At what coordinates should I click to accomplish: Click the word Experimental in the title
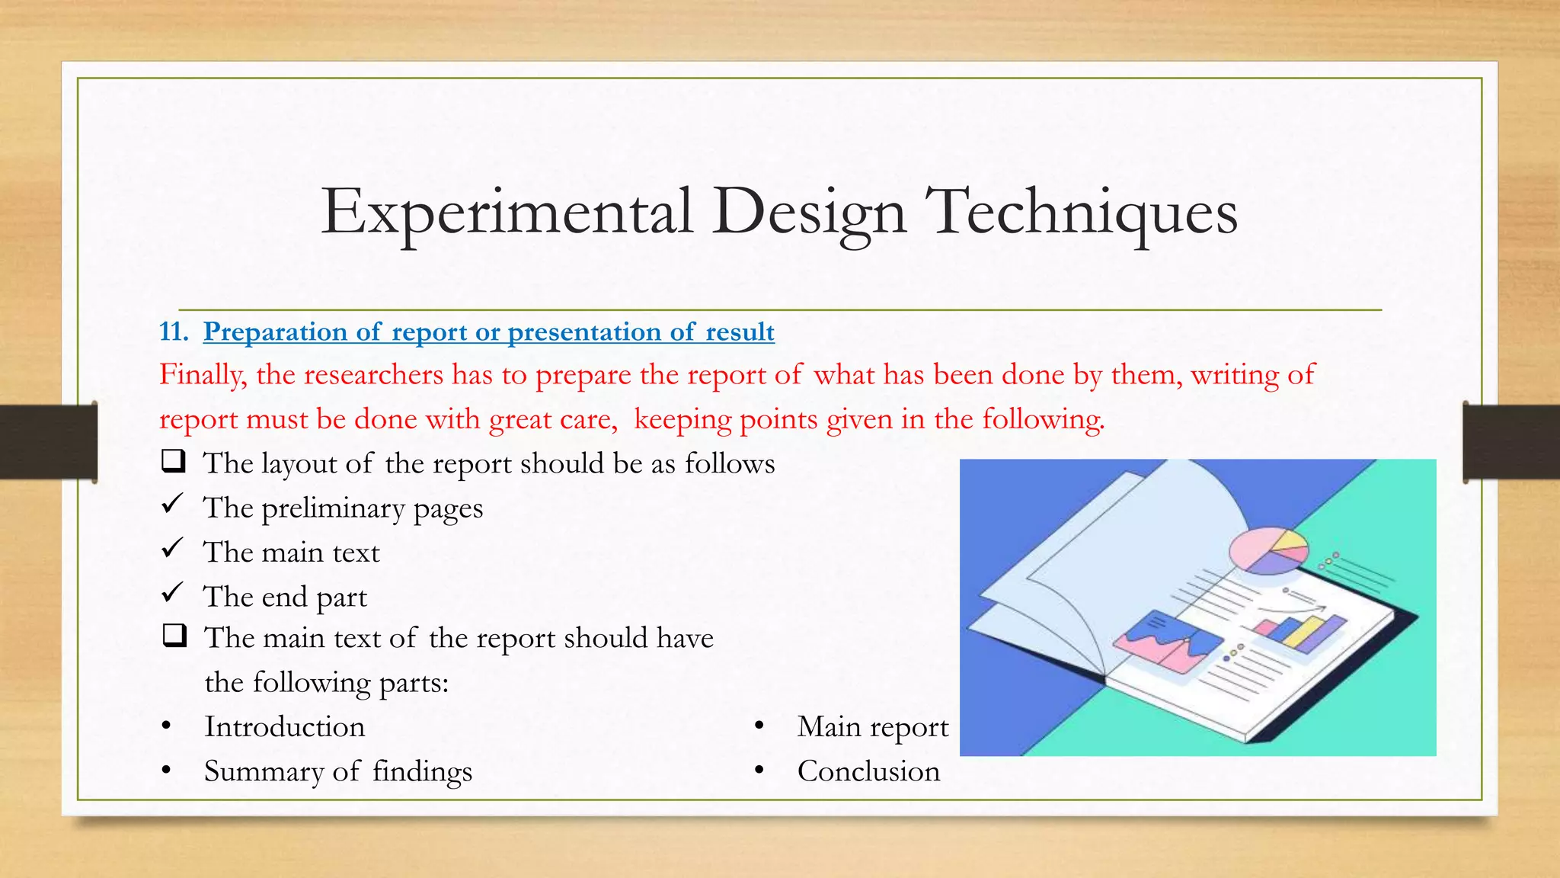click(507, 213)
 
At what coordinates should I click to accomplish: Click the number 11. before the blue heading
click(174, 332)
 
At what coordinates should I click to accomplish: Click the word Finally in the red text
click(202, 375)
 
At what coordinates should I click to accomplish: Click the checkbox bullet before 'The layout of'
click(174, 461)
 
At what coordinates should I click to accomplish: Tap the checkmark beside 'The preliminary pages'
click(173, 503)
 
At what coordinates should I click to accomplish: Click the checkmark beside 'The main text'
click(173, 547)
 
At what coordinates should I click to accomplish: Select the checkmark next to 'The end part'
click(173, 591)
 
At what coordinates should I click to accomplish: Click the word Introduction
click(284, 727)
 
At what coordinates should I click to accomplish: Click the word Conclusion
click(868, 771)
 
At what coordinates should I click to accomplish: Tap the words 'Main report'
click(873, 727)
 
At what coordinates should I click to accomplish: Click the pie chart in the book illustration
click(1267, 551)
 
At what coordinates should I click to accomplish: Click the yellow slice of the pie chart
click(1290, 542)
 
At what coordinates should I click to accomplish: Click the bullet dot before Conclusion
click(759, 771)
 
